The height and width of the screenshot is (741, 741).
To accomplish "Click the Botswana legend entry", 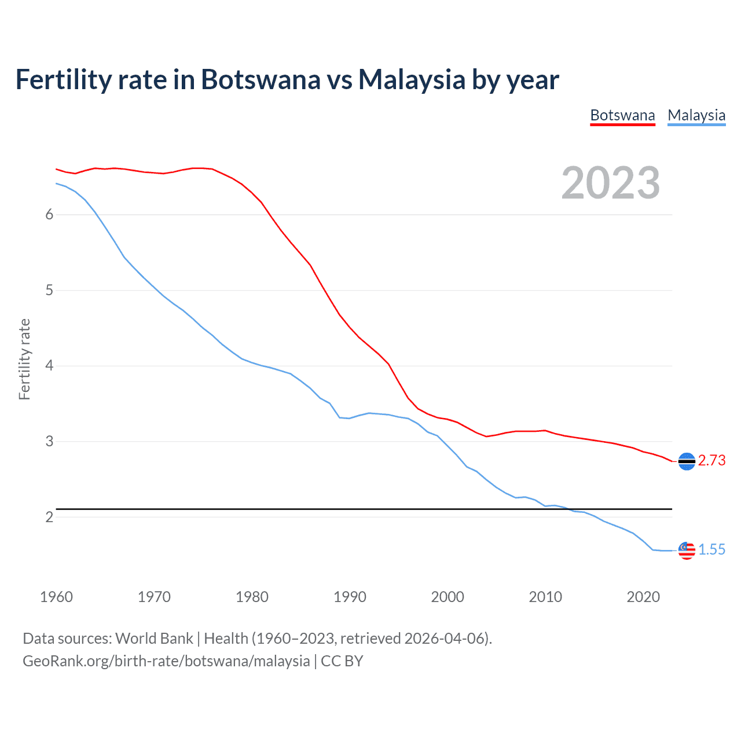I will [622, 115].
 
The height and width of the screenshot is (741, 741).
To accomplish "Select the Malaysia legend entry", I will [696, 115].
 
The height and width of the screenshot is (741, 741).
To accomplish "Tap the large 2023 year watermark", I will [610, 183].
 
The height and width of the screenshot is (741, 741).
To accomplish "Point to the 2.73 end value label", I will [711, 460].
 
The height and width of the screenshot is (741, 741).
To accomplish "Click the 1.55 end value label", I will [711, 549].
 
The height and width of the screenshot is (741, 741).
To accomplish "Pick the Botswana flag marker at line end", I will [687, 461].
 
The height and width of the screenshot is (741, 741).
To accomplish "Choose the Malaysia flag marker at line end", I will [687, 551].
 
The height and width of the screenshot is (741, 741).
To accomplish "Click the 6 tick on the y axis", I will [49, 215].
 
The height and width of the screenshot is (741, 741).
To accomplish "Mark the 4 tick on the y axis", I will [49, 366].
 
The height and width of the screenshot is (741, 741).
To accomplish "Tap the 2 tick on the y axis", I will [49, 517].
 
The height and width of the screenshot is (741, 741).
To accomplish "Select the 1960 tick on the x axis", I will [56, 597].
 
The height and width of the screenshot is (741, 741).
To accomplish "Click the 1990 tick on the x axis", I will [350, 597].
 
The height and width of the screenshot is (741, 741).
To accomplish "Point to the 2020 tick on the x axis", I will [643, 597].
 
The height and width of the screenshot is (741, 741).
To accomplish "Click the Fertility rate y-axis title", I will [24, 359].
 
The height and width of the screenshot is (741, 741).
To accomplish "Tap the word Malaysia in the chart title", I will [412, 80].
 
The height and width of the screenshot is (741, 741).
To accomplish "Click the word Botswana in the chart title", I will [261, 80].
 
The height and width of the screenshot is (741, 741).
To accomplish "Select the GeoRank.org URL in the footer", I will [166, 661].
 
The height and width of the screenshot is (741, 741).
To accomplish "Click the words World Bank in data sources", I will [154, 639].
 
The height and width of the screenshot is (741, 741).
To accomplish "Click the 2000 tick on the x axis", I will [447, 597].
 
